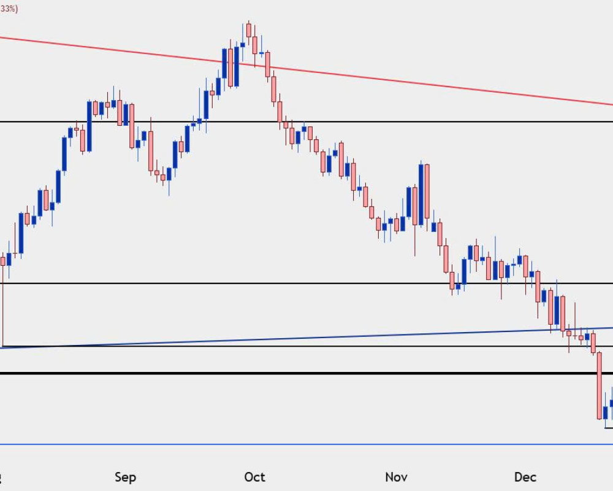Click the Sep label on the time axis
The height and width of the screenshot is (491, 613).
(124, 477)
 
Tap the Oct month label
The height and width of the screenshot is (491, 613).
(254, 477)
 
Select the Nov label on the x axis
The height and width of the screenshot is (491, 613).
(397, 477)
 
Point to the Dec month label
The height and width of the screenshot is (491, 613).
(525, 477)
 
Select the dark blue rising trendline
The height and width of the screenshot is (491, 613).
(306, 338)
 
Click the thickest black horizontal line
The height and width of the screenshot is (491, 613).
(306, 373)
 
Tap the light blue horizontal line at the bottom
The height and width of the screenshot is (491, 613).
(306, 444)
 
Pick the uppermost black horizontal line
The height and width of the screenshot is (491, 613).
(368, 122)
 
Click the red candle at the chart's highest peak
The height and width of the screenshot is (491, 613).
(248, 30)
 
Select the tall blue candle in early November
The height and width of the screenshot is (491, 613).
(421, 193)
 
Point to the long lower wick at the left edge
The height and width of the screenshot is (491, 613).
(3, 307)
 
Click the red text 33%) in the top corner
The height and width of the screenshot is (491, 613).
(9, 9)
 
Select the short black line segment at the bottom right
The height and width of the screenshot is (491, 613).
(609, 428)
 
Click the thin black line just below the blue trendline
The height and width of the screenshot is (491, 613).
(306, 346)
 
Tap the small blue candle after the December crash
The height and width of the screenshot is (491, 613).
(606, 412)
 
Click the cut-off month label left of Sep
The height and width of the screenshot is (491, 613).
(2, 477)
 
